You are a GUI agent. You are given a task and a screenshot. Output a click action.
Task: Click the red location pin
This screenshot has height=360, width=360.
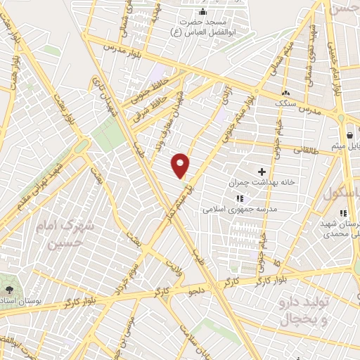tap(181, 165)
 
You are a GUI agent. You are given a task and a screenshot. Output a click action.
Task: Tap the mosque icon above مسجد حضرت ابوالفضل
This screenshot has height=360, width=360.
tap(204, 11)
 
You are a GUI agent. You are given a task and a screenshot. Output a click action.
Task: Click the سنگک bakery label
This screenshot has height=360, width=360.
tap(284, 103)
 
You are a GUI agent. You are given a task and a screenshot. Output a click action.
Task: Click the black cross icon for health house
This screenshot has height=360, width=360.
tap(262, 171)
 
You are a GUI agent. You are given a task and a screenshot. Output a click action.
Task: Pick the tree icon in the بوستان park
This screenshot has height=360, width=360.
tap(9, 290)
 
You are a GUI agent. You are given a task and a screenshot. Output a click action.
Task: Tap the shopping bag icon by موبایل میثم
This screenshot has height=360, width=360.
tap(349, 136)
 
